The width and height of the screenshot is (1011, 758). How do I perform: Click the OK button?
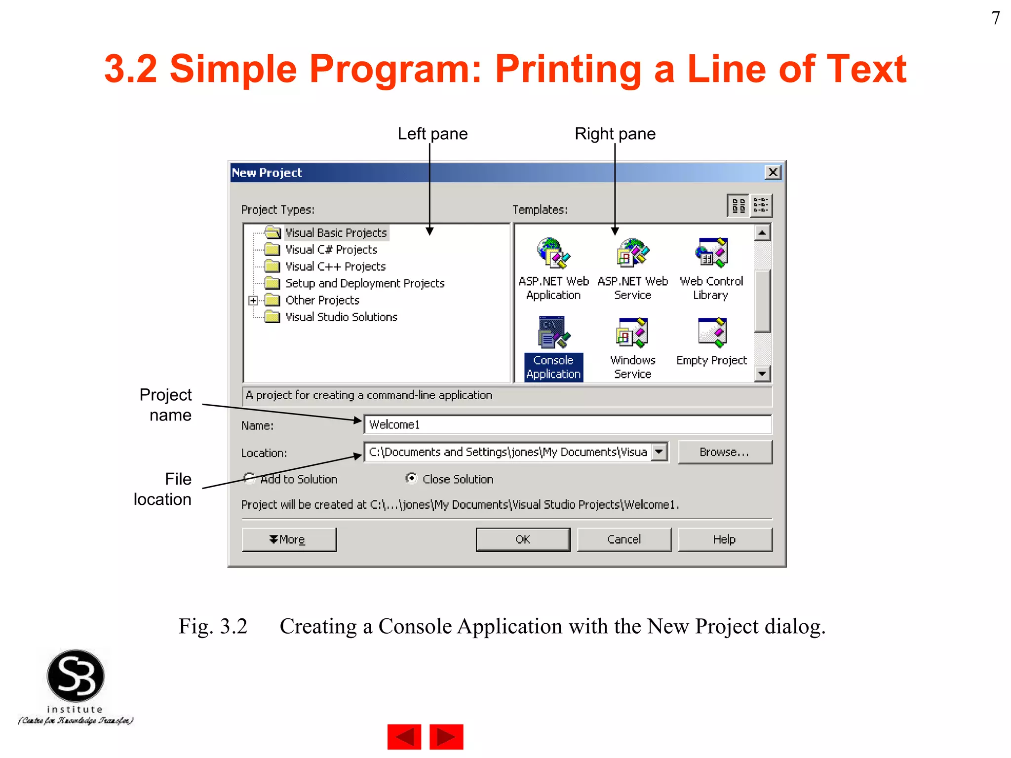tap(523, 539)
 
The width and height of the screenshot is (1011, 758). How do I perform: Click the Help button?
tap(724, 539)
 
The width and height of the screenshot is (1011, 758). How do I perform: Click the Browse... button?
tap(724, 452)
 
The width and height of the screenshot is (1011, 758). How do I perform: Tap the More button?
tap(289, 539)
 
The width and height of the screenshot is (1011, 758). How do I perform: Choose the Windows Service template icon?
tap(632, 332)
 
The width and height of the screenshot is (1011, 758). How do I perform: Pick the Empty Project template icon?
tap(712, 332)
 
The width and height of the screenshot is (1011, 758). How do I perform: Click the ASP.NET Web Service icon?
tap(632, 253)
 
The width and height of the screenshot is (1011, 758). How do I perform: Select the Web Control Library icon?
tap(711, 253)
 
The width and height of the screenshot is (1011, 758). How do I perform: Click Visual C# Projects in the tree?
tap(331, 250)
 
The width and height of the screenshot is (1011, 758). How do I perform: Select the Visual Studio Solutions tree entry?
tap(341, 317)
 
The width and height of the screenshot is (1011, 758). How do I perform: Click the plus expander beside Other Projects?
tap(253, 300)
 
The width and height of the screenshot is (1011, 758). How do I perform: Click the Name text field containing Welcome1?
tap(567, 424)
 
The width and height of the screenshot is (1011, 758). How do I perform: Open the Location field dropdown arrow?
tap(659, 452)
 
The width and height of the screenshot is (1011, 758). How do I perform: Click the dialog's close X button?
tap(773, 172)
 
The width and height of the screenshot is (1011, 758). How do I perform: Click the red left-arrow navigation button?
tap(404, 737)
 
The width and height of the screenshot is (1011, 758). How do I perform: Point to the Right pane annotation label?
tap(615, 134)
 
